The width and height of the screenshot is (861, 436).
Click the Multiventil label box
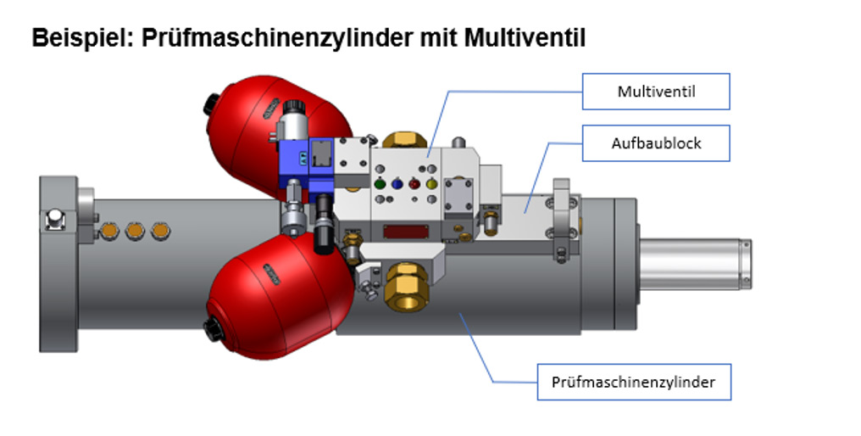(656, 92)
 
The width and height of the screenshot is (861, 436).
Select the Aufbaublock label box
(656, 143)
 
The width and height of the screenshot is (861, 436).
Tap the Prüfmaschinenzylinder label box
(634, 382)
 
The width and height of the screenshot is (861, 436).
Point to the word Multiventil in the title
(525, 38)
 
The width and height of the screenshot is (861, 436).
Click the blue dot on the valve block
(397, 183)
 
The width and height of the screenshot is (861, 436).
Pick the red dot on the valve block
(414, 183)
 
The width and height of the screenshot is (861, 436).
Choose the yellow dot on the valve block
(431, 183)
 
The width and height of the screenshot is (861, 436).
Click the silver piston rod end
(695, 264)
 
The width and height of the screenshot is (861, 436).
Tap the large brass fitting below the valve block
(406, 286)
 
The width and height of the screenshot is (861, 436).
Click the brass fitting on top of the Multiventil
(405, 140)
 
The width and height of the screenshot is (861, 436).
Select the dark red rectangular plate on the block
(406, 232)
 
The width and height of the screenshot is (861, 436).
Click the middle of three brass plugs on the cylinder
(135, 231)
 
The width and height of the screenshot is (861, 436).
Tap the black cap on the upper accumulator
(211, 104)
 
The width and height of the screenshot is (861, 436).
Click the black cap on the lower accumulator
(213, 330)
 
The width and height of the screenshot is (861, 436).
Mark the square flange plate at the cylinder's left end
(58, 264)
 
